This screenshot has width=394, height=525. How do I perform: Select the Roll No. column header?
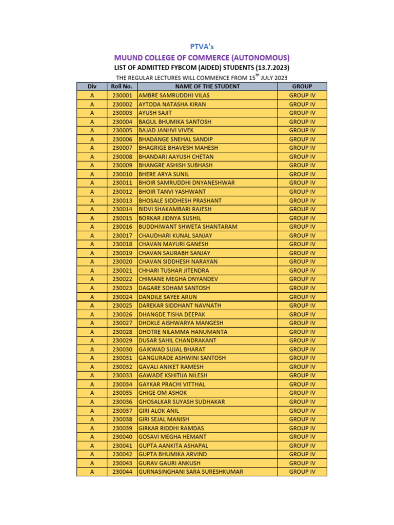tap(122, 86)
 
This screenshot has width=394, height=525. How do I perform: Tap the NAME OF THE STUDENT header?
tap(207, 86)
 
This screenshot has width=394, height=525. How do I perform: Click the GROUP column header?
tap(302, 86)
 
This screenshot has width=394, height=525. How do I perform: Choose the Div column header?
tap(92, 86)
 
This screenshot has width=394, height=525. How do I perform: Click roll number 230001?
tap(122, 95)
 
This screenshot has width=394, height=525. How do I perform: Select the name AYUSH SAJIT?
tap(155, 113)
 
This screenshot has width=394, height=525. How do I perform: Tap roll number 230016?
tap(122, 227)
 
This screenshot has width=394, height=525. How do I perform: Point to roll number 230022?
tap(122, 279)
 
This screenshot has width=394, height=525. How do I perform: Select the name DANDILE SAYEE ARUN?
tap(167, 297)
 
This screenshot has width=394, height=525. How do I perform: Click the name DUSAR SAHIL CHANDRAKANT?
tap(177, 340)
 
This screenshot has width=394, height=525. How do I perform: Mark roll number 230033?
tap(122, 375)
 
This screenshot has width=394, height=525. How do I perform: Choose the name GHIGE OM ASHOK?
tap(163, 393)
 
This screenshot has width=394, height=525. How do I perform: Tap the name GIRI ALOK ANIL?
tap(159, 411)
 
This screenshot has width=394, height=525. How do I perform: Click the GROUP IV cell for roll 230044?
tap(302, 472)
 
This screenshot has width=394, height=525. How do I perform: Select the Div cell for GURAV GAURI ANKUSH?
tap(92, 463)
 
